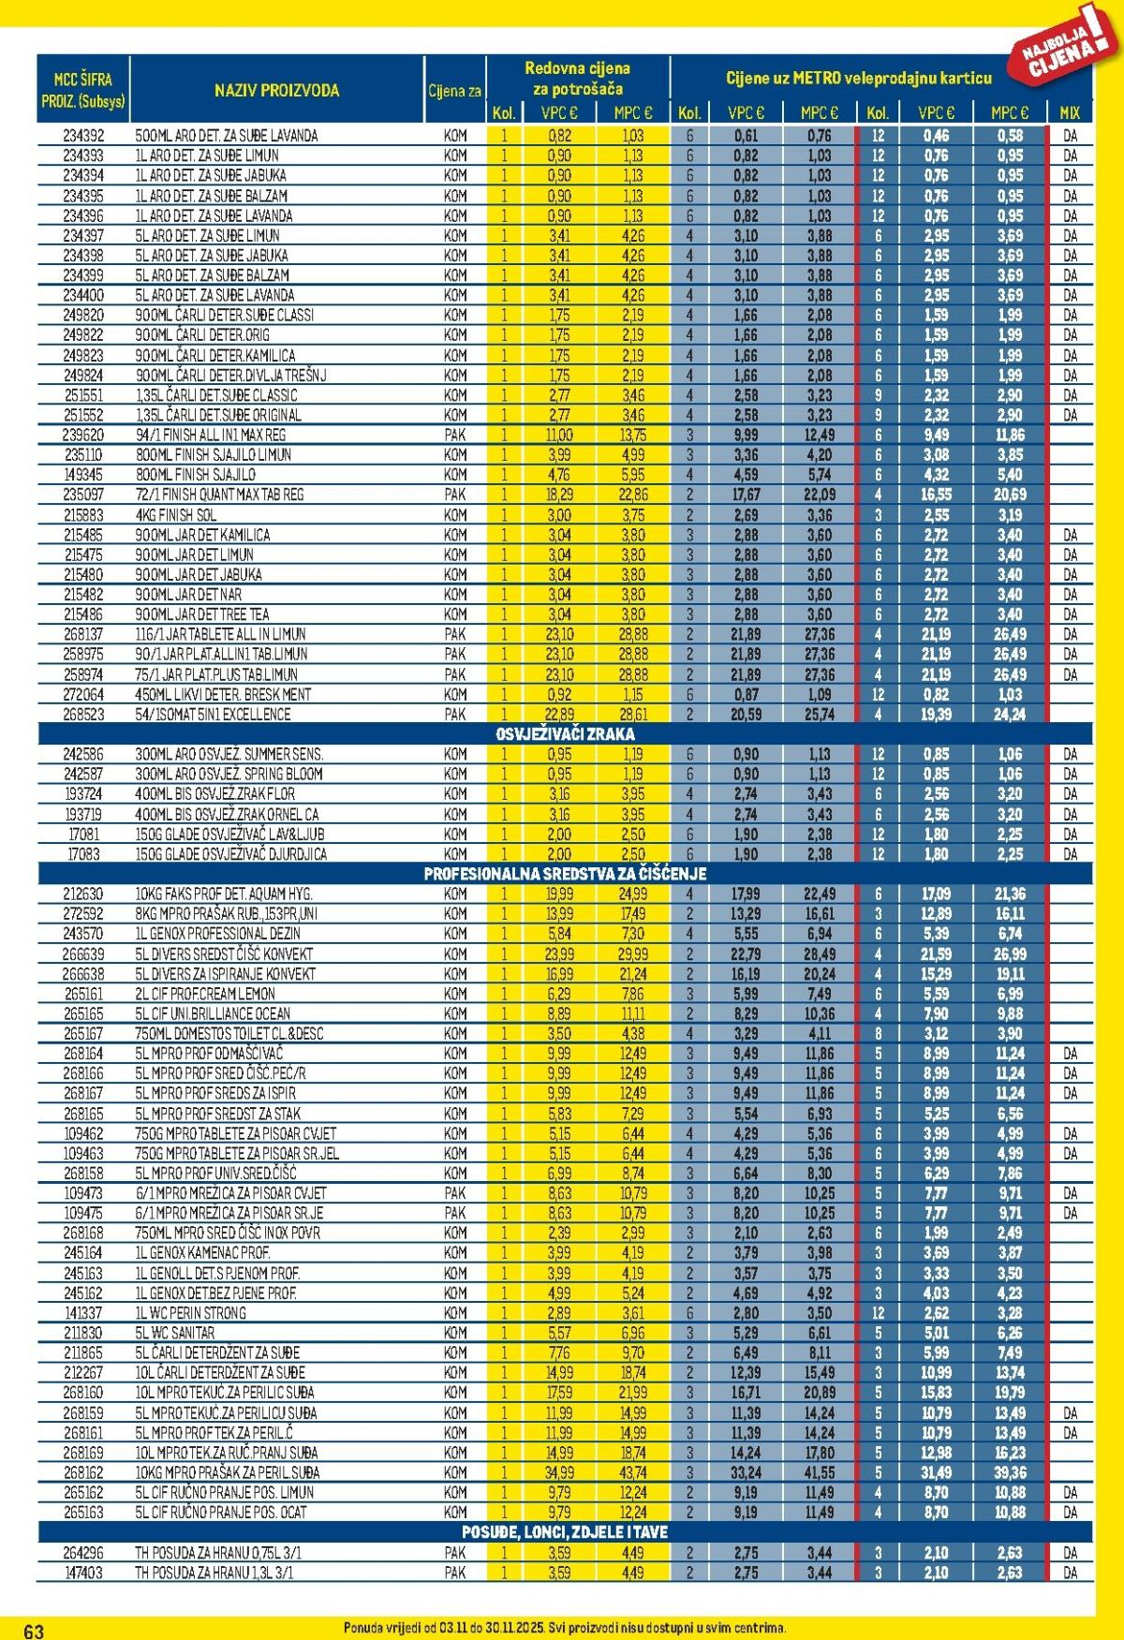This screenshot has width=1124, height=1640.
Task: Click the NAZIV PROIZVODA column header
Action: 276,91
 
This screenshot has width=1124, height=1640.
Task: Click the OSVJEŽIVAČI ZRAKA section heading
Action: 565,734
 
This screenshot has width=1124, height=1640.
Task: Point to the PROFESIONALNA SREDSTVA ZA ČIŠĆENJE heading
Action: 565,874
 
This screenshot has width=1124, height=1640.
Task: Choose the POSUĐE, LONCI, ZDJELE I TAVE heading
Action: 565,1532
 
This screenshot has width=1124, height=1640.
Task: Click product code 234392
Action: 83,136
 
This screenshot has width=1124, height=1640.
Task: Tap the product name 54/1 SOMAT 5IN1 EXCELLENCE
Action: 214,715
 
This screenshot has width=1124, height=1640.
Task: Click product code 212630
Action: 83,894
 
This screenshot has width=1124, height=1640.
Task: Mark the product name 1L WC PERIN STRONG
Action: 191,1313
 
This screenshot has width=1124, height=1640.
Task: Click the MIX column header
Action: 1070,112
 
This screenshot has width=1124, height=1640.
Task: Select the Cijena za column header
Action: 455,91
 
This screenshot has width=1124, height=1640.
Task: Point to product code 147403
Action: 83,1574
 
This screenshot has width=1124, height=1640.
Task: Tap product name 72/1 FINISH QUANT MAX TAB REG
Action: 220,495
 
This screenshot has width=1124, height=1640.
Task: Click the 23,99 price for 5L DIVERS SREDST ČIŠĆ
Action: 559,954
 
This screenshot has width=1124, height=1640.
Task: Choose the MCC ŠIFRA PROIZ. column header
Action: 83,91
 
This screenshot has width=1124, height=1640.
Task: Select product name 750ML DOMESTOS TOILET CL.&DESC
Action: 229,1034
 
